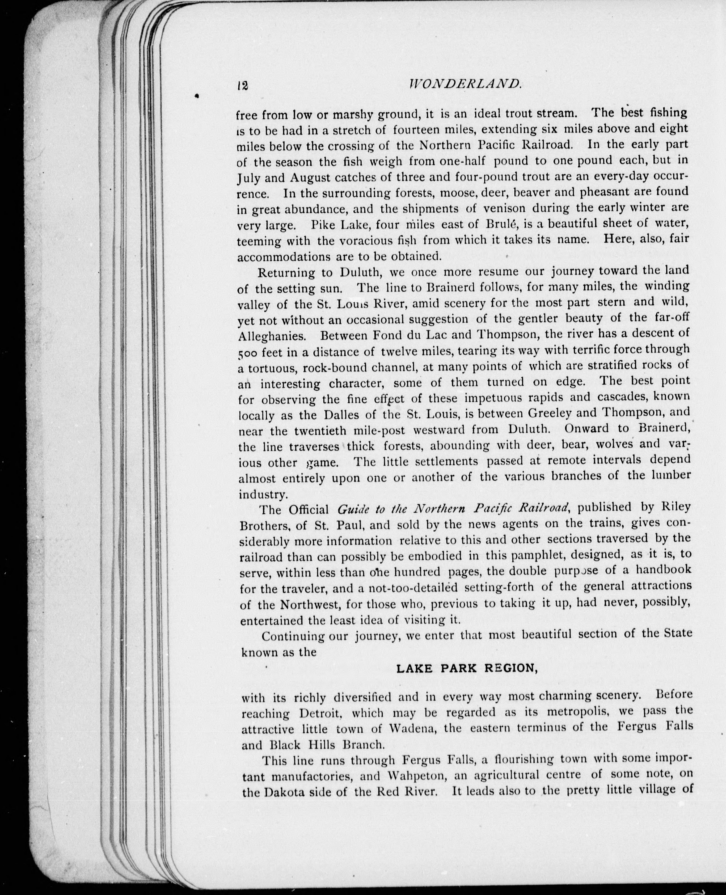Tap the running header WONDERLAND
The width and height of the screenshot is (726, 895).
[x=463, y=85]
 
